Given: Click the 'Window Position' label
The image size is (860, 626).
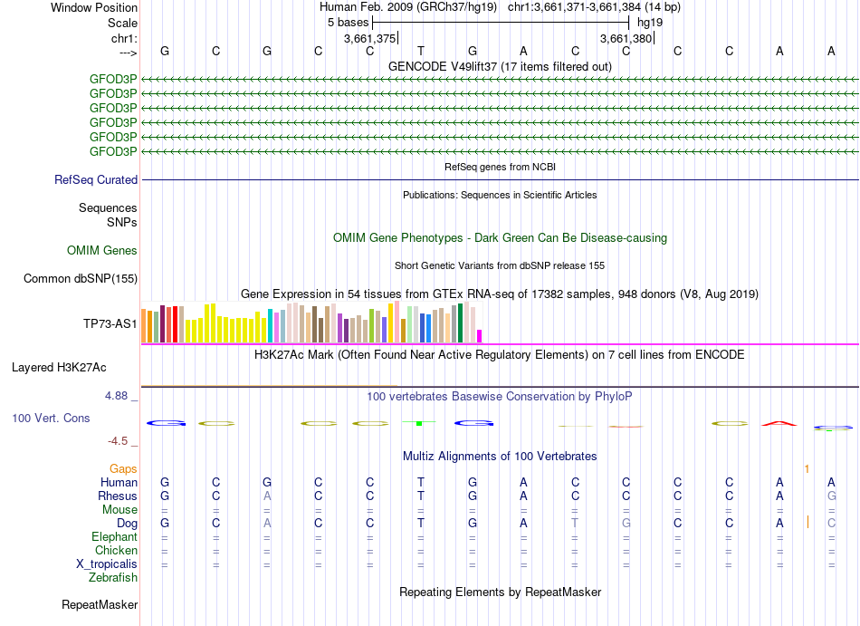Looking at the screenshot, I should (x=94, y=7).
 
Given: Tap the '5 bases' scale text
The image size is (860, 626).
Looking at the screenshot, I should (x=348, y=21).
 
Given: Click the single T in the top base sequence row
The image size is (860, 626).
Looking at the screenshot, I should (x=421, y=51).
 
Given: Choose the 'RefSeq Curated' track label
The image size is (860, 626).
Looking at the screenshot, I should (x=96, y=180).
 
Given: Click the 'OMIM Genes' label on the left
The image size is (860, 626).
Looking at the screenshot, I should (x=102, y=250).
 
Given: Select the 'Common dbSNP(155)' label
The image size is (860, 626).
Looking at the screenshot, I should (x=81, y=279).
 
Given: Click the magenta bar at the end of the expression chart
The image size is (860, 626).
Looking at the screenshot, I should (x=480, y=335).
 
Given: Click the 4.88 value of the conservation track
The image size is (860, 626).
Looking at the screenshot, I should (x=119, y=396).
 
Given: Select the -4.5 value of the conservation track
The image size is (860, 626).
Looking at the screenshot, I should (x=121, y=441).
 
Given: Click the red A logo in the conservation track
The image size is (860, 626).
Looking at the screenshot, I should (x=779, y=423).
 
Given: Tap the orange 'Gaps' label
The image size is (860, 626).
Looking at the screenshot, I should (x=123, y=468).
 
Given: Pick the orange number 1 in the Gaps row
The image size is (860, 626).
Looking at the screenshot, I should (x=807, y=468).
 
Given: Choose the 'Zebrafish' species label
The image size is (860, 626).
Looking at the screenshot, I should (x=113, y=578).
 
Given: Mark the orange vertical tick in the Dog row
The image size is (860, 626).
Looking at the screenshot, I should (x=807, y=523).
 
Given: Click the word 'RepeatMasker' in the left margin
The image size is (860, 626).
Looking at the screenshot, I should (x=100, y=604).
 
